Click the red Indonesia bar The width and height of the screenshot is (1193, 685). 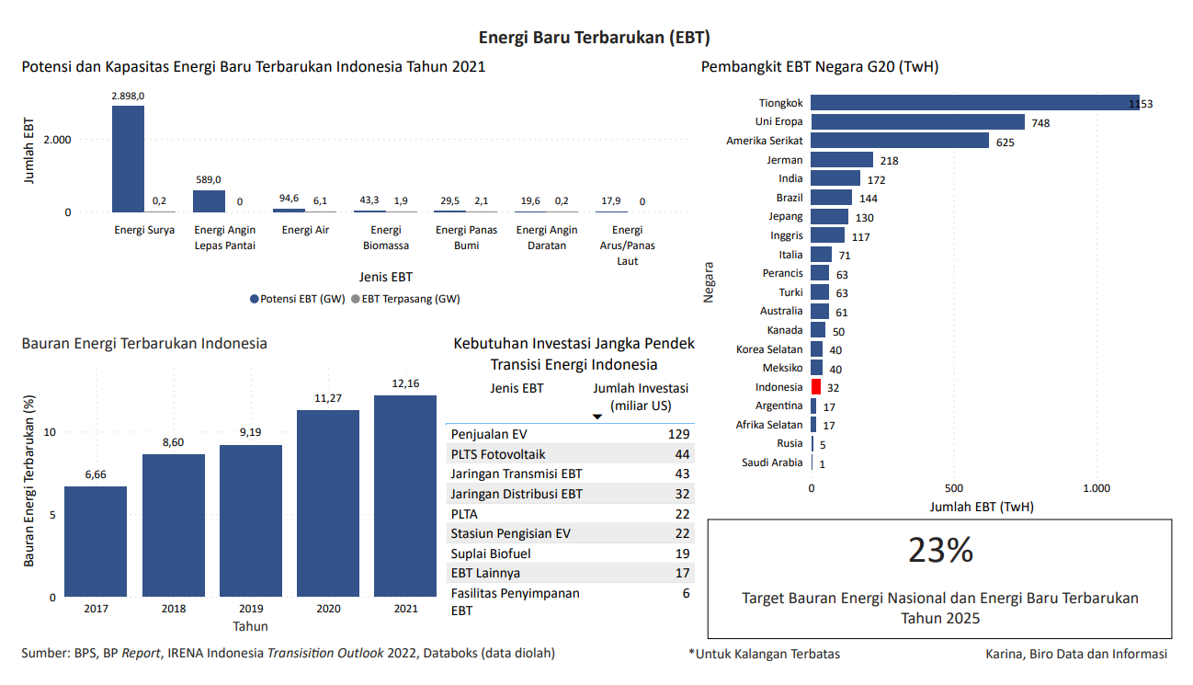(816, 387)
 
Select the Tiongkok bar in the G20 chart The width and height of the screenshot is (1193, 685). (974, 103)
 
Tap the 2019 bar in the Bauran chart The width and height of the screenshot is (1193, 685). (251, 520)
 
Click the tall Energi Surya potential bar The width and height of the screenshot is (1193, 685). (128, 159)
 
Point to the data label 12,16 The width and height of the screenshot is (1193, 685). (405, 383)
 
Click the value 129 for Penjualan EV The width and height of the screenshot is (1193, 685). (678, 434)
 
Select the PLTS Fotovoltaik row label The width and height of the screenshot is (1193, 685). (498, 454)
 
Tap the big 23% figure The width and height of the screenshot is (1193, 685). (940, 550)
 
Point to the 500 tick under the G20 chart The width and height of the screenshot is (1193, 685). (954, 488)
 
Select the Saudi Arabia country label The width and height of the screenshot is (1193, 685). (772, 462)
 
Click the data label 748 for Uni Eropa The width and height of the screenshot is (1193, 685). (1040, 123)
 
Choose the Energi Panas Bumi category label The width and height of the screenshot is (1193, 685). (466, 237)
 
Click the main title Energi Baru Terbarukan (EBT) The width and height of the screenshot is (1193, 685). (594, 37)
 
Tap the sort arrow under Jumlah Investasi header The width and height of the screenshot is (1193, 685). (596, 417)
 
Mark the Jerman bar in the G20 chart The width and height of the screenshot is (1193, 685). (842, 160)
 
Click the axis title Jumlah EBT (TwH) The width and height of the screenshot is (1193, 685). (982, 507)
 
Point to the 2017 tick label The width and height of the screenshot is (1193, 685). (96, 609)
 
